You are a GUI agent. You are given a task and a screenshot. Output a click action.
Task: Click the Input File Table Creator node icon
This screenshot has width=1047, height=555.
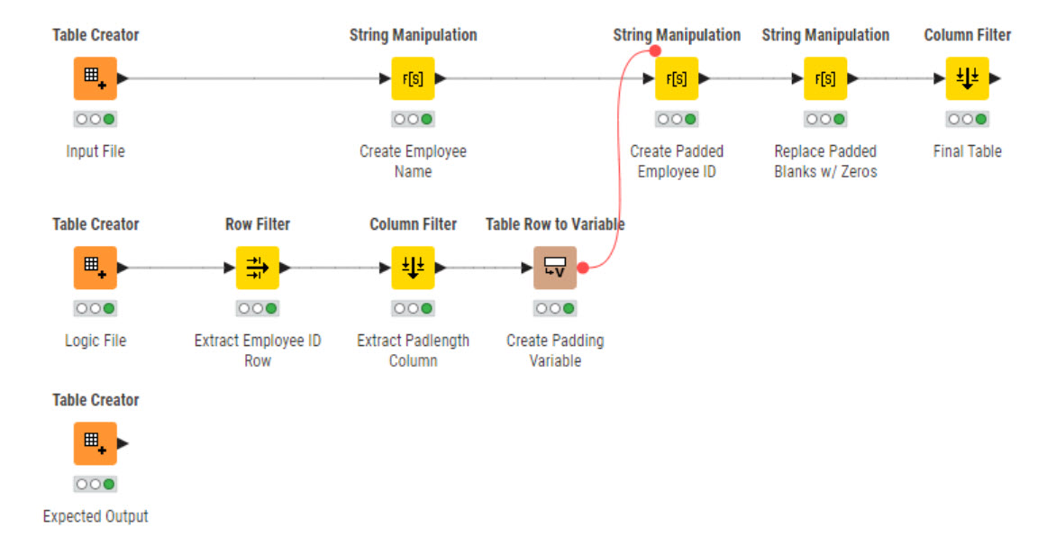click(95, 78)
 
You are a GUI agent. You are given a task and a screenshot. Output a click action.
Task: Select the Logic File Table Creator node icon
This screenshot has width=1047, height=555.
click(95, 268)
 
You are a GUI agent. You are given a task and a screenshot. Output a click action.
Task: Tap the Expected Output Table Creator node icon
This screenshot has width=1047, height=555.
click(95, 443)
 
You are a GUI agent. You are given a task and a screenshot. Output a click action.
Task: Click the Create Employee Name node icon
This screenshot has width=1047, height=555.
click(413, 78)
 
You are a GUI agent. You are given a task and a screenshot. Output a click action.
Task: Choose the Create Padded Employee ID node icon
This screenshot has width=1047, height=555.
click(677, 78)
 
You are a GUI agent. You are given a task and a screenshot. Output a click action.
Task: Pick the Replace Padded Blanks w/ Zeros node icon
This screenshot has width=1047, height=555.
click(824, 78)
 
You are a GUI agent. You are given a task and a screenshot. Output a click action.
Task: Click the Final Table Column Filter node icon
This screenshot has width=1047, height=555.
click(967, 78)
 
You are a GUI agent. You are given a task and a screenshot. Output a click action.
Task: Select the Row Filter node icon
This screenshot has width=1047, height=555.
click(258, 268)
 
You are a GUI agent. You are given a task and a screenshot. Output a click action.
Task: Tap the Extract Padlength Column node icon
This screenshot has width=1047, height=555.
click(413, 268)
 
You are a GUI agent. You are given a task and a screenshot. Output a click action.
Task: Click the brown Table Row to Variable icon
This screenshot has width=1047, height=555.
click(554, 268)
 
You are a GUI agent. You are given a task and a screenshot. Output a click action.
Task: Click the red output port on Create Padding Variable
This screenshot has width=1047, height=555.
click(583, 268)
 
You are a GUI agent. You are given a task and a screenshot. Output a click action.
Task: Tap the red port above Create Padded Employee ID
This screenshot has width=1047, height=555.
click(655, 51)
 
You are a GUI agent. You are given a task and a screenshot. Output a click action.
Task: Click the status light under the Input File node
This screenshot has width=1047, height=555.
click(95, 119)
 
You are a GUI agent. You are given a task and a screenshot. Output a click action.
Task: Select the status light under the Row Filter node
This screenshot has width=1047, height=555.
click(258, 308)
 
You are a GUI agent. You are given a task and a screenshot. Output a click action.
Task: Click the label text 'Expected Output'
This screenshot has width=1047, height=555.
click(95, 516)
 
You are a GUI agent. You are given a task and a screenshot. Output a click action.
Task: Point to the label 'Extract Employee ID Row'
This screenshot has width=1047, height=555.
click(258, 350)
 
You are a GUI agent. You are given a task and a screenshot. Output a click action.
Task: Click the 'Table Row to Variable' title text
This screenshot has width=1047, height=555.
click(554, 224)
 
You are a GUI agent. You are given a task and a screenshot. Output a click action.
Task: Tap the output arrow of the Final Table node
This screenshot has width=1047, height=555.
click(995, 78)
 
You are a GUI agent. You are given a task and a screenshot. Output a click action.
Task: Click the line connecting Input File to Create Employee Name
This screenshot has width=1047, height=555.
click(252, 78)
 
